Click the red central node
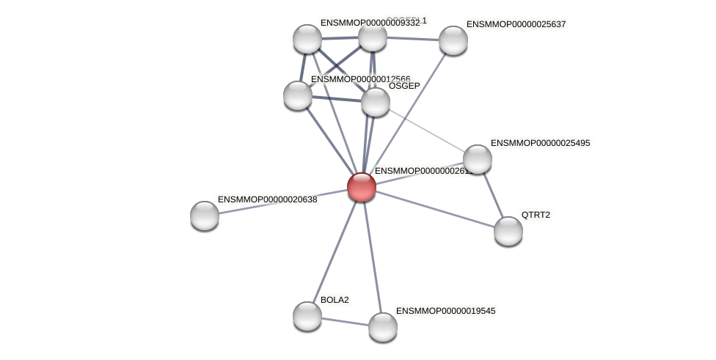pyautogui.click(x=361, y=186)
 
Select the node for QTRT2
pyautogui.click(x=508, y=230)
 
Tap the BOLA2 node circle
pyautogui.click(x=307, y=315)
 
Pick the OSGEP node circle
pyautogui.click(x=376, y=101)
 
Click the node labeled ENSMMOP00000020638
pyautogui.click(x=205, y=215)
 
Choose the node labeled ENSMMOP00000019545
pyautogui.click(x=382, y=326)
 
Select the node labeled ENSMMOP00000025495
pyautogui.click(x=477, y=158)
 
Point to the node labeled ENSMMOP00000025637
pyautogui.click(x=453, y=40)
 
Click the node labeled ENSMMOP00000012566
pyautogui.click(x=298, y=95)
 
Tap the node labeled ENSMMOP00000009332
pyautogui.click(x=307, y=39)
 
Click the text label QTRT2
pyautogui.click(x=535, y=215)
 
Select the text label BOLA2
pyautogui.click(x=335, y=300)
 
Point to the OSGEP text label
pyautogui.click(x=404, y=86)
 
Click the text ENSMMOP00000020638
pyautogui.click(x=267, y=199)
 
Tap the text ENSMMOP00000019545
pyautogui.click(x=445, y=311)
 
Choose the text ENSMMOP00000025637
pyautogui.click(x=516, y=24)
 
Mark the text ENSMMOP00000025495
pyautogui.click(x=540, y=143)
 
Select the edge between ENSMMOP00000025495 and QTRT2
pyautogui.click(x=492, y=194)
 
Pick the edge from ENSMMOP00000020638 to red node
pyautogui.click(x=282, y=201)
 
